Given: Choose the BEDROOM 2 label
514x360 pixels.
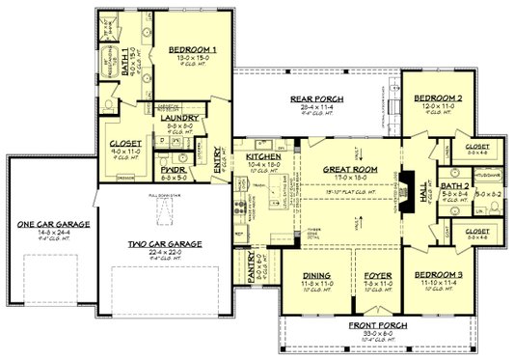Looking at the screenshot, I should (x=437, y=98).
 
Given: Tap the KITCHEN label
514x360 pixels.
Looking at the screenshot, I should (x=263, y=155).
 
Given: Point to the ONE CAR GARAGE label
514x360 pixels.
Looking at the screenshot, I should (x=41, y=225).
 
